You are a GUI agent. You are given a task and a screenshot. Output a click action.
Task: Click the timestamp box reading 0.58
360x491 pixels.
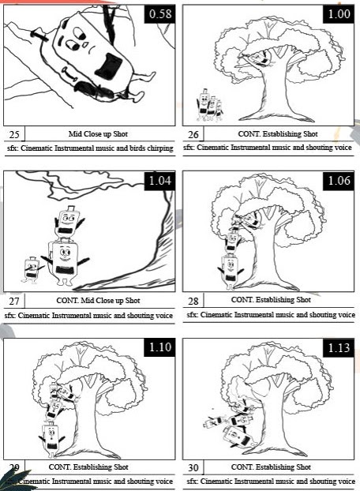tap(159, 14)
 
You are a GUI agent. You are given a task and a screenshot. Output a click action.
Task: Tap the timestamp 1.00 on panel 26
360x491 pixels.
tap(339, 14)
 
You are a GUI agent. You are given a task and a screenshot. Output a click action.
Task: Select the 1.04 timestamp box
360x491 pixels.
tap(159, 181)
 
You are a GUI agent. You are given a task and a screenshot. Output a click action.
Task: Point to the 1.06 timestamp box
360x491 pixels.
tap(339, 181)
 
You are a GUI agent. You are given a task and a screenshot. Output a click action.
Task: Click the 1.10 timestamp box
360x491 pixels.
tap(159, 347)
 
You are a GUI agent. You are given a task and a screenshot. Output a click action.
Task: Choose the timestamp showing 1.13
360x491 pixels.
tap(339, 347)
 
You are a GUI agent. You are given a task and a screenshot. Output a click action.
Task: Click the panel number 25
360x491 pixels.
tap(14, 135)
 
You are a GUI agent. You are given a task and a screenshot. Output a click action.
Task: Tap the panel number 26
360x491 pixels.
tap(193, 135)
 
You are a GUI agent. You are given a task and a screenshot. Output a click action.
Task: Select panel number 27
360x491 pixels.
tap(14, 302)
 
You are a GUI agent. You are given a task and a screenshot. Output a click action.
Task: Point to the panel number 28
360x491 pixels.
tap(193, 302)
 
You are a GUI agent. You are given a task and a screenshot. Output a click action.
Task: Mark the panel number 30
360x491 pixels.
tap(193, 468)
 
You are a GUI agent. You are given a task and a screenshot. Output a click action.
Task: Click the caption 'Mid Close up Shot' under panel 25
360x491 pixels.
tap(98, 134)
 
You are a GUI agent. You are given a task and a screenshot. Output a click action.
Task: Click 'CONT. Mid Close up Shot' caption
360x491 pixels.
tap(98, 301)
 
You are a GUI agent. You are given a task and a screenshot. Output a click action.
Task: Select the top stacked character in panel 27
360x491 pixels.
tap(68, 223)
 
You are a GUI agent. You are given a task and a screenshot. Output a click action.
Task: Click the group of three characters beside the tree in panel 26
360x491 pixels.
tap(209, 106)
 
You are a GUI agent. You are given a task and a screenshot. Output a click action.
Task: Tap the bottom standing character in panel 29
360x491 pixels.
tap(51, 439)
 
